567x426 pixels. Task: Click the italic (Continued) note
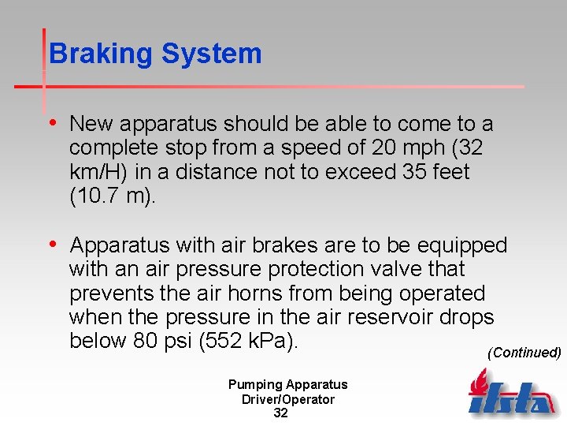click(524, 352)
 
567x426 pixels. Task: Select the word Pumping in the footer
click(254, 384)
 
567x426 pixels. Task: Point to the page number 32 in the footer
click(280, 413)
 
